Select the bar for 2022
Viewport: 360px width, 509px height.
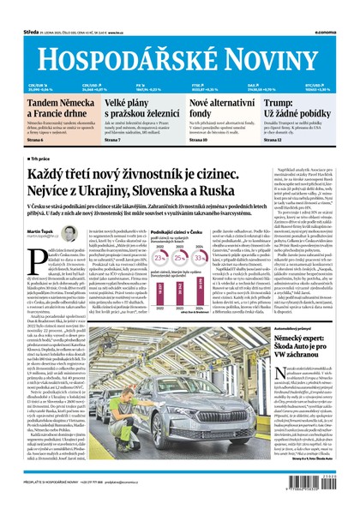158,301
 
